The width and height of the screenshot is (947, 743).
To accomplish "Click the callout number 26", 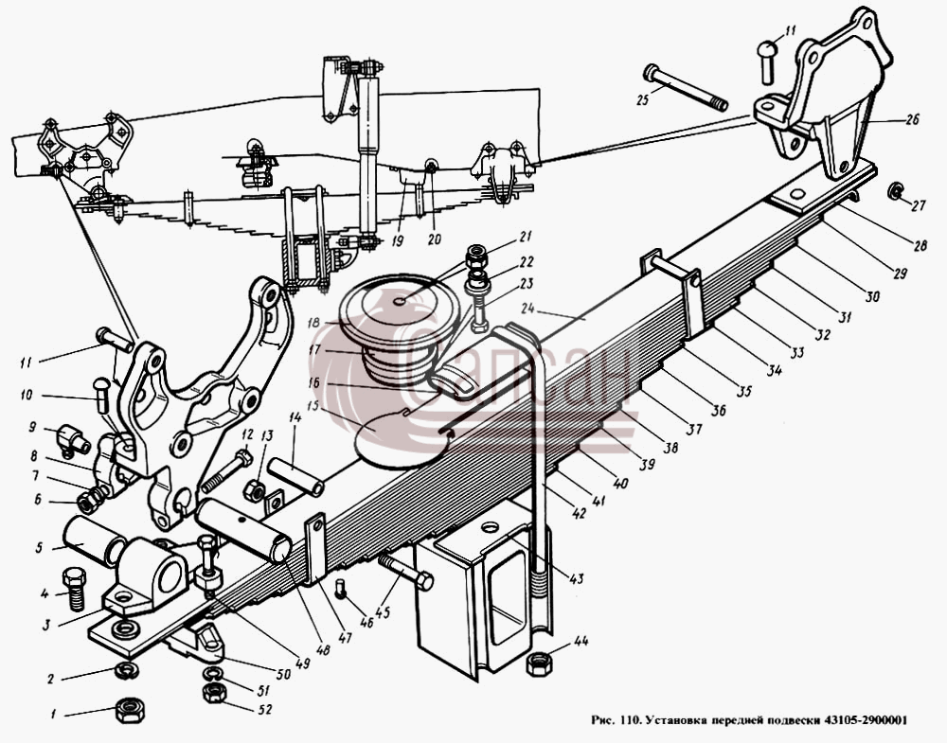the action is pos(911,119).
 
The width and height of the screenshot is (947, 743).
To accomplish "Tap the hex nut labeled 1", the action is pos(129,711).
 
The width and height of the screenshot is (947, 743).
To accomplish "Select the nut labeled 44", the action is pos(538,664).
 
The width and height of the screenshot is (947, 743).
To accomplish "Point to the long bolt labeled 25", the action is pos(686,88).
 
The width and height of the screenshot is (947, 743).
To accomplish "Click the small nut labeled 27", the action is pos(895,192).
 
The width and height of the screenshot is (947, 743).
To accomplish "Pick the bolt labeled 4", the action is pos(75,588).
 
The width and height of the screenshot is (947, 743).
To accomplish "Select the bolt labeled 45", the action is pos(406,571).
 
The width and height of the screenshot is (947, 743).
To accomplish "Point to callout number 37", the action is pos(694,428).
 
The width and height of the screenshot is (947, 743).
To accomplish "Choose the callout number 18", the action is pos(313,323).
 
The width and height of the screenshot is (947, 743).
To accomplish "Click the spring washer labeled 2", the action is pos(128,669).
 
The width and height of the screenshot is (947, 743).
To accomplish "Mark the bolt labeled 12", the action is pos(224,472).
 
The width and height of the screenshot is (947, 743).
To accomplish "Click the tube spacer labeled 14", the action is pos(296,477).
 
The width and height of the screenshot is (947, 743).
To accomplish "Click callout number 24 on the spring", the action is pos(527,309).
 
